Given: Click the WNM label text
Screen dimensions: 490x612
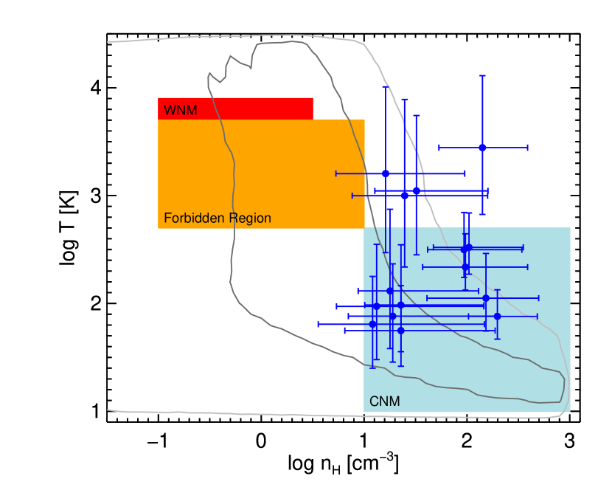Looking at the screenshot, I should tap(180, 111).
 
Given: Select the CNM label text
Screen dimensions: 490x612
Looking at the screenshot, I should tap(384, 402).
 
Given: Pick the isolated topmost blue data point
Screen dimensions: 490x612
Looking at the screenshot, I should tap(482, 148).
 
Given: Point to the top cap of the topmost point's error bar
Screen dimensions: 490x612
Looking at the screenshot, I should tap(482, 75).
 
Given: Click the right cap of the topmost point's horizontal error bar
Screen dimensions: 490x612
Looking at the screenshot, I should tap(528, 148).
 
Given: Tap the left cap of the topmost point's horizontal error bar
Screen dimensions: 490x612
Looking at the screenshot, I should tap(439, 148).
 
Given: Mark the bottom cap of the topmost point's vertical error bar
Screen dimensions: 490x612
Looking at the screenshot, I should tap(482, 214).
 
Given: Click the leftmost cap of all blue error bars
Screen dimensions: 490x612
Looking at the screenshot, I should tap(319, 324).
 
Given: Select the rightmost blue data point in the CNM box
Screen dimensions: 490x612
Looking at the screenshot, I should tap(497, 316).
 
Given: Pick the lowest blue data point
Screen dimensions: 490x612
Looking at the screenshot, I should tap(400, 331).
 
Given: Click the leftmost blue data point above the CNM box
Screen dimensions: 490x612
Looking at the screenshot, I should tap(385, 173).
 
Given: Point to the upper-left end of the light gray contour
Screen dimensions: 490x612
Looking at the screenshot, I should tap(108, 41).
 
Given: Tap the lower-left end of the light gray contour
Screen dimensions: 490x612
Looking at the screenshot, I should tap(108, 410).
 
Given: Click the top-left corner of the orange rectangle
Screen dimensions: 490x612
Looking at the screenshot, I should tap(158, 120).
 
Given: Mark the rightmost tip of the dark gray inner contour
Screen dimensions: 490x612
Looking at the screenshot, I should tap(565, 384).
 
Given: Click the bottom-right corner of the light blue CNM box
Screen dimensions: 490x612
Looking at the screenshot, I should tap(571, 413).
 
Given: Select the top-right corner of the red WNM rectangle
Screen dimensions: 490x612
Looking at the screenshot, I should tap(313, 97).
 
